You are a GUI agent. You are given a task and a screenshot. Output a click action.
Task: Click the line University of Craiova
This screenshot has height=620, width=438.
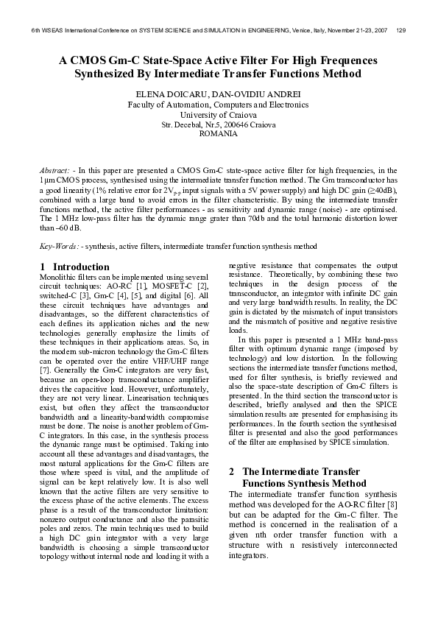point(219,115)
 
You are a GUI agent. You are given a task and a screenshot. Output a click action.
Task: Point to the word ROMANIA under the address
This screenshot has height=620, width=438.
point(219,135)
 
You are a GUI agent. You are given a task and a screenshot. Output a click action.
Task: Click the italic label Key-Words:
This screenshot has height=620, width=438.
point(59,245)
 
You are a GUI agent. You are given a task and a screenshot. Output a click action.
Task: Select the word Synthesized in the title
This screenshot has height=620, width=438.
point(110,74)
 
